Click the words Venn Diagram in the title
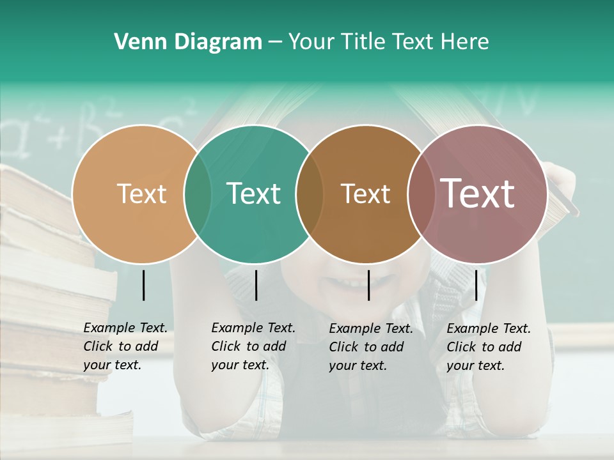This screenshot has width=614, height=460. pos(188,42)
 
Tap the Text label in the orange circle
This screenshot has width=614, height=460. pos(141,194)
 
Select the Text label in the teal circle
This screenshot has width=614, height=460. pos(253,194)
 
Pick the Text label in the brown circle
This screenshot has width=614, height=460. pos(365,194)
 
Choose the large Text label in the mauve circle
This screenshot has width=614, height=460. pos(477,194)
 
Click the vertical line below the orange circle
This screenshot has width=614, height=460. pos(144,285)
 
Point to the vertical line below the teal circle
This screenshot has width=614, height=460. pos(256,285)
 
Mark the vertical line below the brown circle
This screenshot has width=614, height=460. pos(369,285)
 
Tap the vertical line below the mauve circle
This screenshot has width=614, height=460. pos(476,285)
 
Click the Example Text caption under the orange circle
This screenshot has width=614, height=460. pos(125,346)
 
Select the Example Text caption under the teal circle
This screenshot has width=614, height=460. pos(253,346)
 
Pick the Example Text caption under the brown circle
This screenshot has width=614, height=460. pos(370,347)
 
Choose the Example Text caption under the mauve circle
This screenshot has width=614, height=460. pos(488,347)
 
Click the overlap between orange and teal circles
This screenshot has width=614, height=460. pos(198,194)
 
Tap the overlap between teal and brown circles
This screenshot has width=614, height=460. pos(310,194)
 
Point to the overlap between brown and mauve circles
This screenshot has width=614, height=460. pos(418,194)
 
